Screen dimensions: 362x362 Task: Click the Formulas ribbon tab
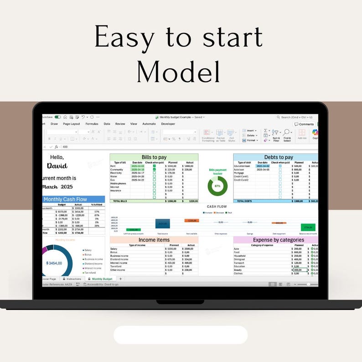(x=92, y=124)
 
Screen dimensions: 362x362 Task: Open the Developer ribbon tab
(x=168, y=124)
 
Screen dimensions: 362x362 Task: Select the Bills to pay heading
(x=154, y=157)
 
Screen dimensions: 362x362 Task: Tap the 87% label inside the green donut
(x=217, y=186)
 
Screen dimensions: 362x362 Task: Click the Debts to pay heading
(x=279, y=157)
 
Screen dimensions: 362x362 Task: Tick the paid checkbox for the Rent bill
(x=154, y=166)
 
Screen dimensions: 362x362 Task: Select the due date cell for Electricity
(x=138, y=173)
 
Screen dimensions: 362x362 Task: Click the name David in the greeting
(x=57, y=166)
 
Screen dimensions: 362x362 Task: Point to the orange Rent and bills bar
(x=191, y=221)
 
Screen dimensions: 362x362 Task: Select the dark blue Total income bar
(x=163, y=223)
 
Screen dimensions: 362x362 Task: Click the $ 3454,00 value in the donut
(x=54, y=263)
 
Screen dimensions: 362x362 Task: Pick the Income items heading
(x=154, y=240)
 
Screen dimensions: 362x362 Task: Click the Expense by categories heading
(x=278, y=240)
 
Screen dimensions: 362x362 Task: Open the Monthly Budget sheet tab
(x=101, y=279)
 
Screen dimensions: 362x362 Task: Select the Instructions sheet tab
(x=73, y=279)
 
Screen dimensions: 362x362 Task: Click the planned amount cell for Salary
(x=172, y=249)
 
